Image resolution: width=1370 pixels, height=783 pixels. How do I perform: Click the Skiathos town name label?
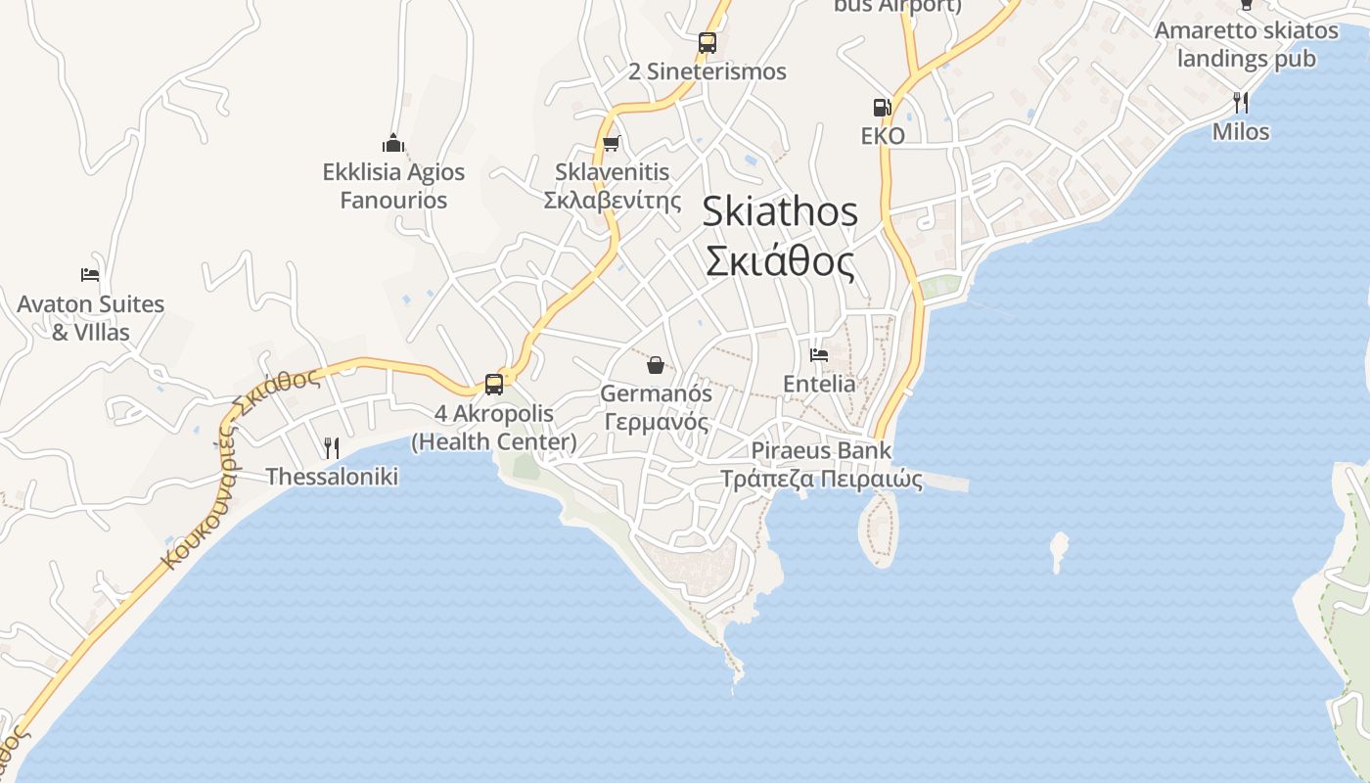[x=780, y=237]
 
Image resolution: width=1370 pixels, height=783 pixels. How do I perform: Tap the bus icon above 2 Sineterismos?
[x=708, y=43]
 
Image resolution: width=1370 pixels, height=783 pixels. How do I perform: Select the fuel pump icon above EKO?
[x=883, y=108]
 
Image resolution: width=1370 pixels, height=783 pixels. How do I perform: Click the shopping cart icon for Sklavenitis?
[x=612, y=144]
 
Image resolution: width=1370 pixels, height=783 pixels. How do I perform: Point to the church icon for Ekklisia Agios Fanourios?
[x=393, y=143]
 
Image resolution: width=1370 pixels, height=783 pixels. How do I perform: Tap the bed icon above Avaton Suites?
[x=90, y=275]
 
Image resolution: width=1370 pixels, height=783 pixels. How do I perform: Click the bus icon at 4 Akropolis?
[x=494, y=385]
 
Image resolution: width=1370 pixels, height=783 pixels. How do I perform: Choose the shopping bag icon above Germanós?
[x=656, y=366]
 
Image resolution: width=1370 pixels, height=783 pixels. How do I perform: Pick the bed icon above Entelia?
[x=819, y=354]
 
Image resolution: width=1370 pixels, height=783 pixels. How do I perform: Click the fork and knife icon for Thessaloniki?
[x=332, y=448]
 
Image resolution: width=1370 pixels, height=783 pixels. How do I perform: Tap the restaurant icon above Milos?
[x=1240, y=102]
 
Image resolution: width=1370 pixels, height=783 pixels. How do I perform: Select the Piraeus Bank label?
[x=822, y=451]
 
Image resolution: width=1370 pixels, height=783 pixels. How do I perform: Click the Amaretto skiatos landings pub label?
[x=1246, y=44]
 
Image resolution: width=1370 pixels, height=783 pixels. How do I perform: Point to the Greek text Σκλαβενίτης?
[x=613, y=201]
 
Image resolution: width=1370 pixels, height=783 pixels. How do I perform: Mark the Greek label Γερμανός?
[x=656, y=422]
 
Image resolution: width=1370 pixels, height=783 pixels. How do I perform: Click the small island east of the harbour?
[x=1058, y=550]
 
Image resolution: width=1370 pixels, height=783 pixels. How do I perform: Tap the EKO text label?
[x=883, y=136]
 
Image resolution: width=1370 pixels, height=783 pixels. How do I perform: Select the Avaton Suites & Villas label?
[x=90, y=318]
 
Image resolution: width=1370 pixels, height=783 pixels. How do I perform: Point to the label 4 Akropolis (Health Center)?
[x=494, y=428]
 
